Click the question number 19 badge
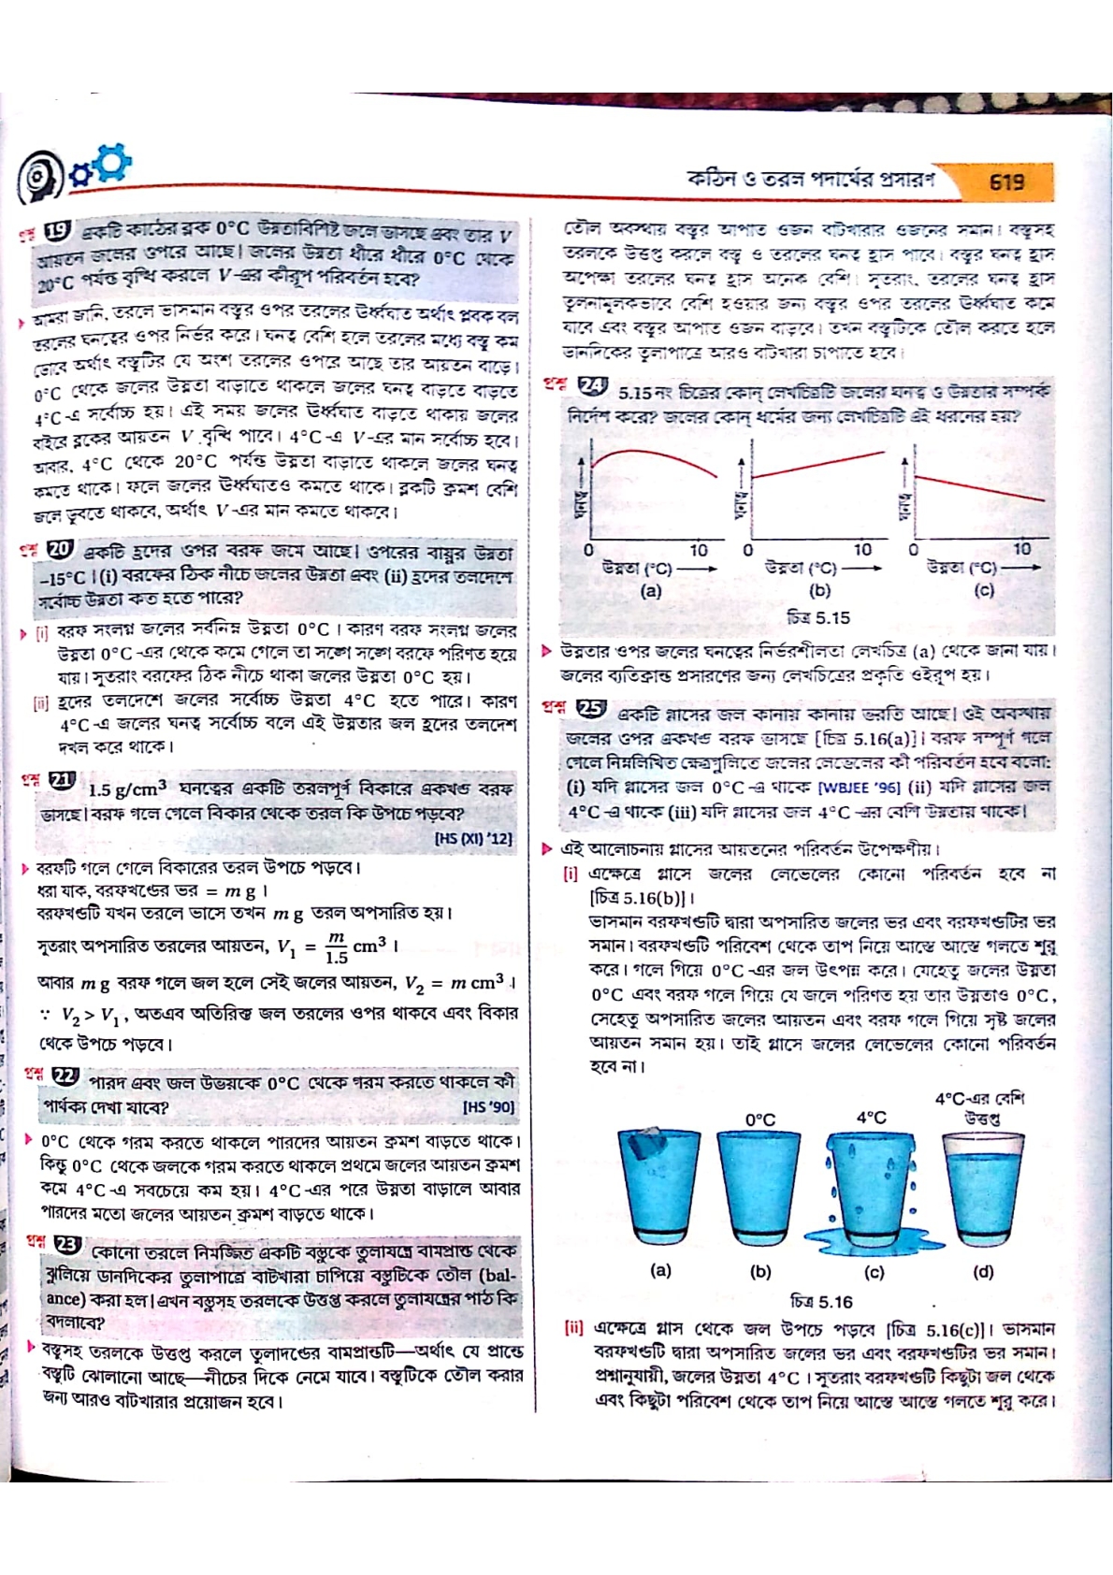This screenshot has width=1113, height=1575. (58, 230)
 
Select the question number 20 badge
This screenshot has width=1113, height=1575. (59, 550)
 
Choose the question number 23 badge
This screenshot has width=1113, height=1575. (67, 1245)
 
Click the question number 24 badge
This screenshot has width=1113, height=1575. (593, 385)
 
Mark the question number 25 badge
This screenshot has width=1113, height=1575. (591, 708)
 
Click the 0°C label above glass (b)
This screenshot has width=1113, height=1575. (759, 1119)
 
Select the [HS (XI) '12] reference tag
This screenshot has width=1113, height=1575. (474, 839)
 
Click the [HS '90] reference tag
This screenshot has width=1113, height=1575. (488, 1107)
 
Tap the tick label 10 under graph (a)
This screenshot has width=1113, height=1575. (699, 550)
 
